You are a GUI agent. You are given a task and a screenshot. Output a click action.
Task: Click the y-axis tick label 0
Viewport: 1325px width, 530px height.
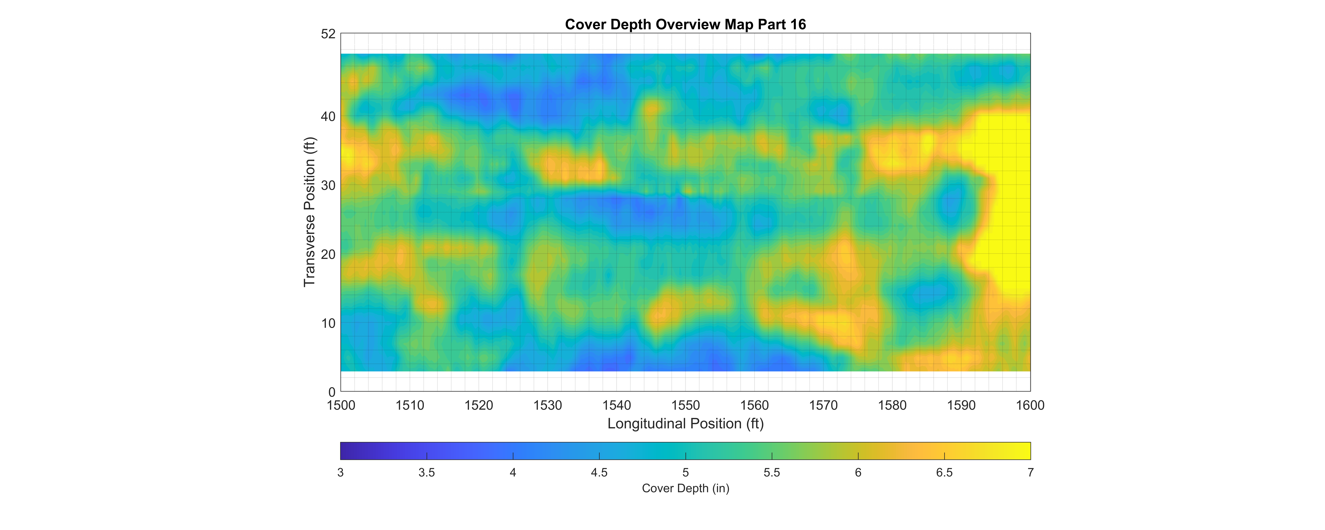(x=332, y=393)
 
